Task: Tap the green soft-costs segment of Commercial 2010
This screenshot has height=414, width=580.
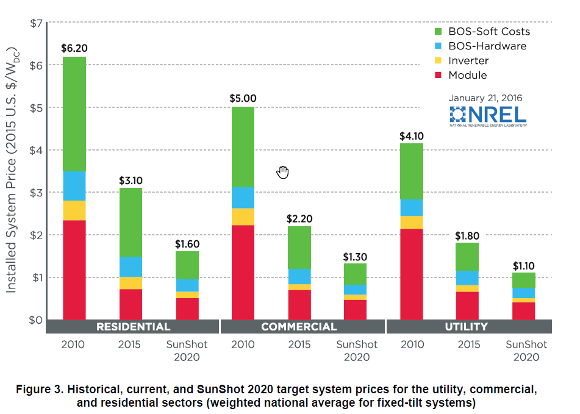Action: click(x=242, y=146)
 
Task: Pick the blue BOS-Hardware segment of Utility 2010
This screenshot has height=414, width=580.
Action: click(x=412, y=207)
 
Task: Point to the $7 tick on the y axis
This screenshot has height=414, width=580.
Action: click(x=36, y=23)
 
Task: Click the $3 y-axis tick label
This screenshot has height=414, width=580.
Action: click(x=36, y=193)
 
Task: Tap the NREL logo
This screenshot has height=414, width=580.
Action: click(x=487, y=115)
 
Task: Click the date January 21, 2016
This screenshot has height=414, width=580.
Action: click(x=485, y=98)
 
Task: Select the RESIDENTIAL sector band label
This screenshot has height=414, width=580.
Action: click(x=133, y=327)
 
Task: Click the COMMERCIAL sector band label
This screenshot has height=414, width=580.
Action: click(x=299, y=327)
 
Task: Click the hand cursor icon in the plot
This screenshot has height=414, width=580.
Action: click(x=282, y=172)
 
